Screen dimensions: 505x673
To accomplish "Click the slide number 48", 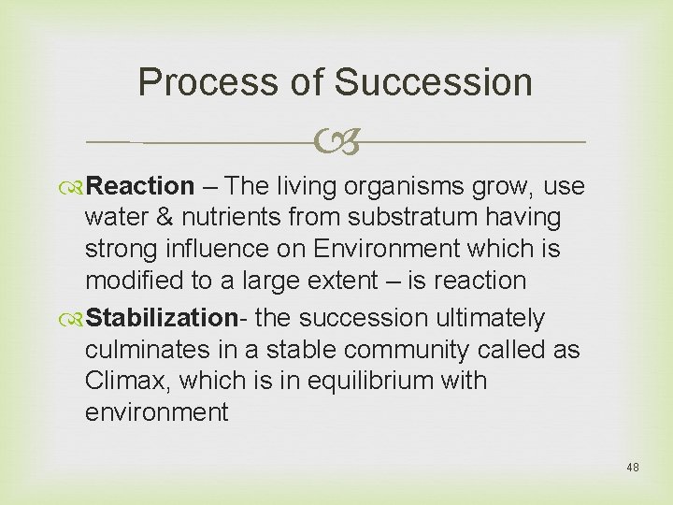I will (633, 467).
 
